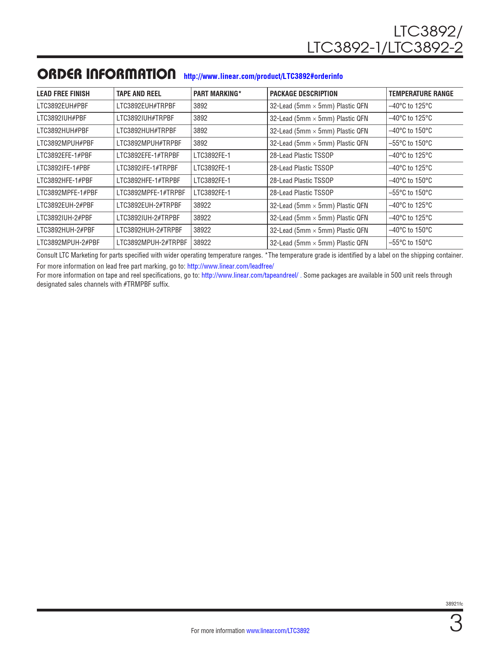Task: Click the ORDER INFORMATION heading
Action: click(x=106, y=74)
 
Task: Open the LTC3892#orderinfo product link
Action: click(x=263, y=76)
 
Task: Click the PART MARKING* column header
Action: click(x=217, y=94)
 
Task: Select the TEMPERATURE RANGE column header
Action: click(x=421, y=94)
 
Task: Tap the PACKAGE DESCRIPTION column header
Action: click(x=304, y=94)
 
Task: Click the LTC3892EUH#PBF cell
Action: click(x=62, y=106)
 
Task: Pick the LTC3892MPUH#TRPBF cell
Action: click(x=149, y=143)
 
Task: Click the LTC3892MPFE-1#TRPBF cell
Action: click(x=151, y=193)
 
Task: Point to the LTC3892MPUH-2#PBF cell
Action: click(x=68, y=243)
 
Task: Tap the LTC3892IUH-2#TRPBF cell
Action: click(x=148, y=218)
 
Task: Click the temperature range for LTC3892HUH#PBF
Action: click(x=410, y=131)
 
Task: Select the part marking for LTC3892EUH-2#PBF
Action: click(x=202, y=205)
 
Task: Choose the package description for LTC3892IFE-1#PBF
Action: click(x=302, y=168)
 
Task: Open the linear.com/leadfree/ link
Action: click(x=231, y=266)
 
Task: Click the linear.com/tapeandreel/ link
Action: click(x=250, y=275)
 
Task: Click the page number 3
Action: click(x=456, y=624)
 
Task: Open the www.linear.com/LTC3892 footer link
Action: click(x=278, y=631)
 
